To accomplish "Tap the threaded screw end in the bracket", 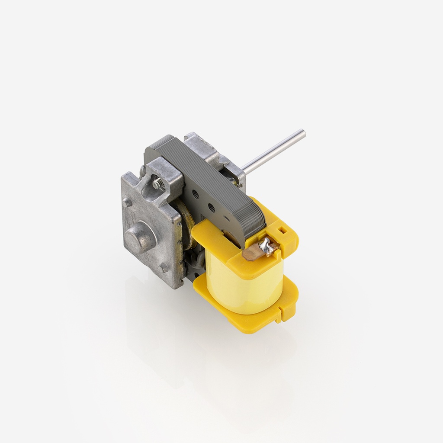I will [x=157, y=184].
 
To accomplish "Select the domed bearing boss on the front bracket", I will [x=140, y=236].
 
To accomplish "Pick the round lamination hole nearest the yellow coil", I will [x=211, y=208].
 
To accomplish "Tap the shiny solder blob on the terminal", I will [x=269, y=247].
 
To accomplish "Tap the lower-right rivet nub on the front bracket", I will [x=164, y=268].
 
